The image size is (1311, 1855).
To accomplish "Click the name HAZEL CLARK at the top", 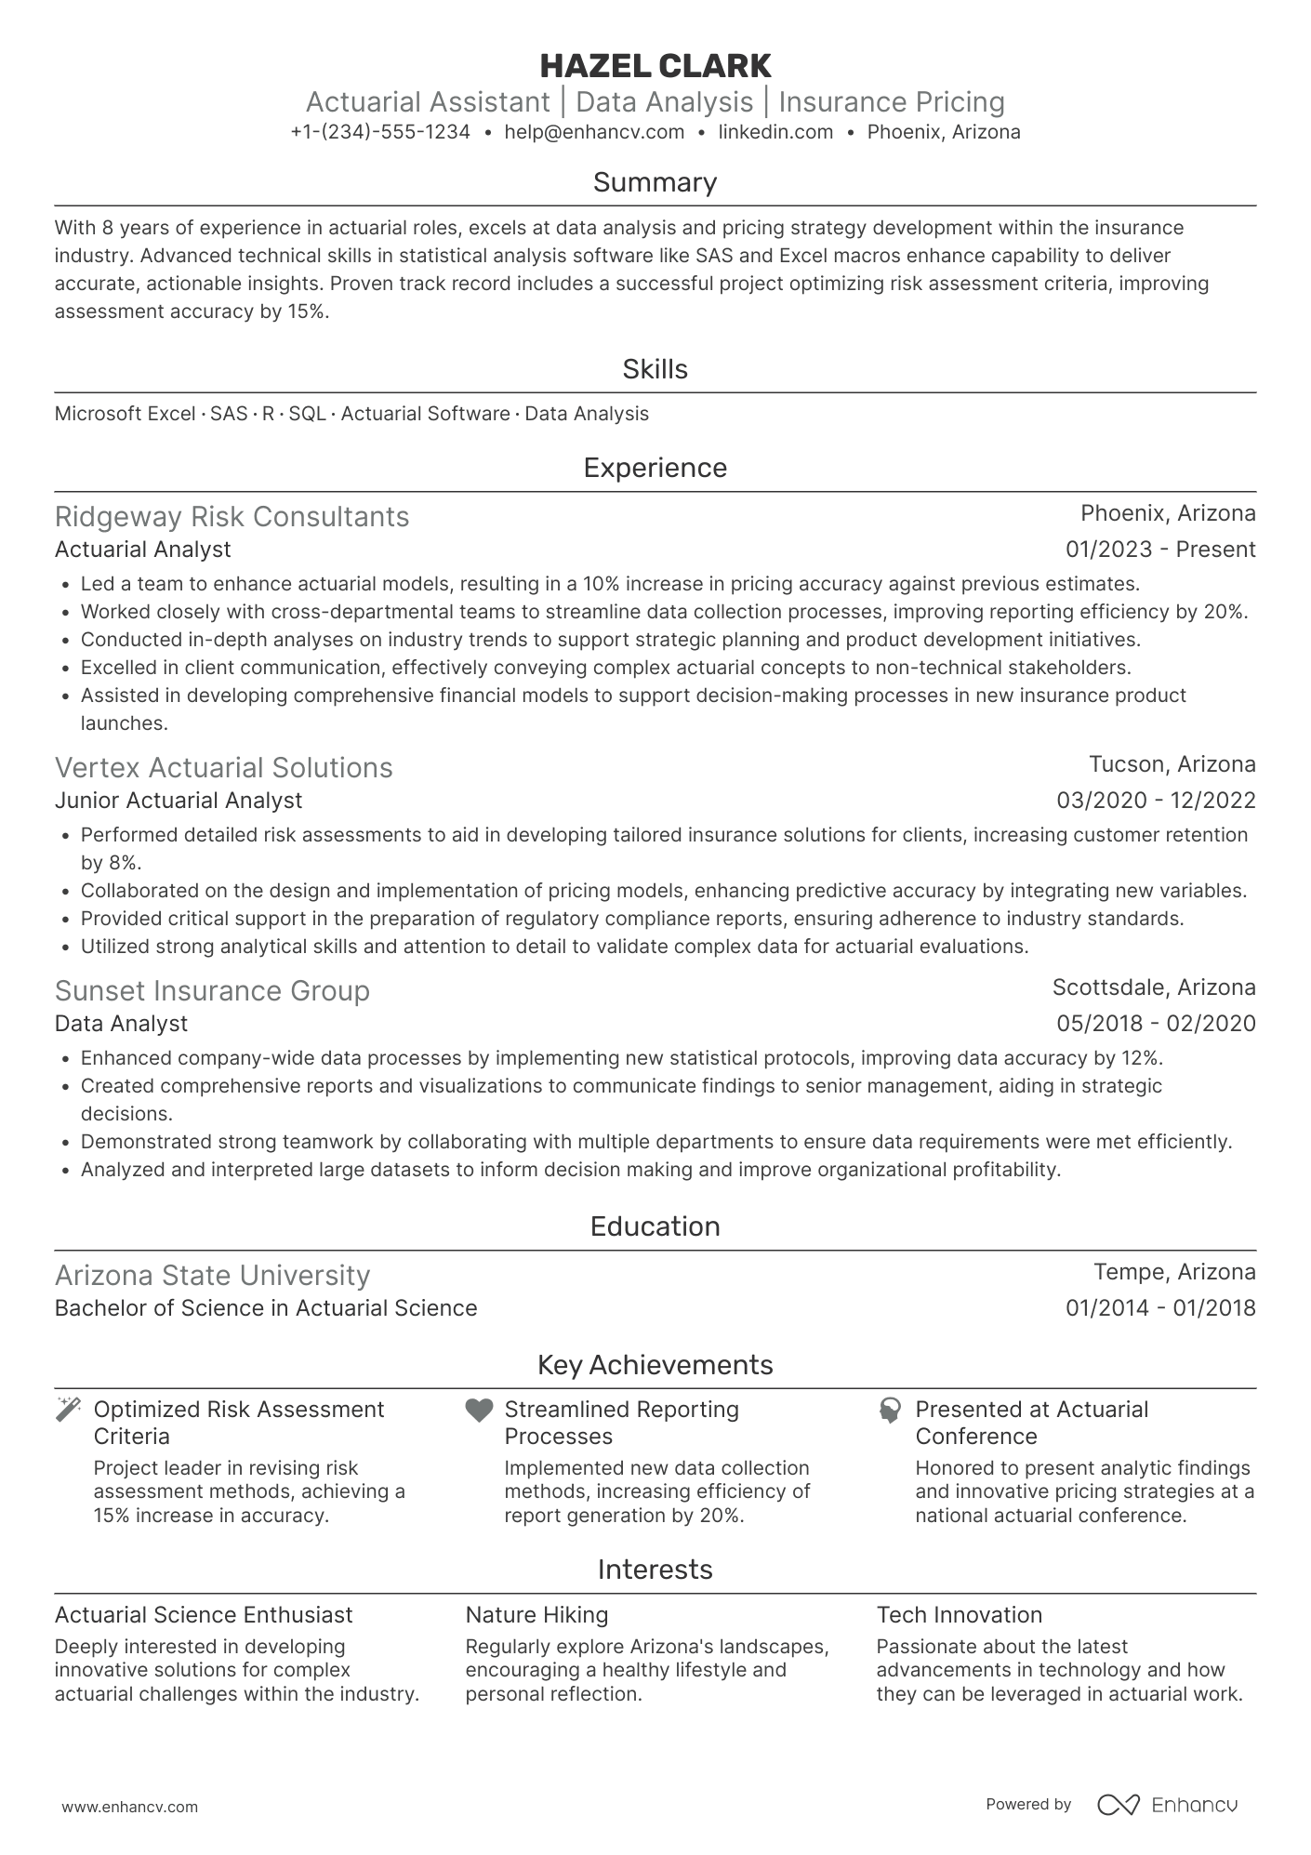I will click(x=655, y=66).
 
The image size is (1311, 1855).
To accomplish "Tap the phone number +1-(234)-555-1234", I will click(x=380, y=132).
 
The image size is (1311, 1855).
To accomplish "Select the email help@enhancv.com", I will click(x=594, y=132).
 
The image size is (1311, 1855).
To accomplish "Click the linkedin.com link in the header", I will click(x=775, y=132).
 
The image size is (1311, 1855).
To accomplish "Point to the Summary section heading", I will click(x=655, y=182).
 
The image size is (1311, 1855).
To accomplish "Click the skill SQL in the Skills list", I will click(x=307, y=414).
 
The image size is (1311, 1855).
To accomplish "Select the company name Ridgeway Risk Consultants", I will click(x=232, y=517).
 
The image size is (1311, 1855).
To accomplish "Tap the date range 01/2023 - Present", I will click(x=1159, y=550).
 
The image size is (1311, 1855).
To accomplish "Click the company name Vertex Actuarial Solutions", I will click(x=223, y=768).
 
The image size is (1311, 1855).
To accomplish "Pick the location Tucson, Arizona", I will click(x=1172, y=764).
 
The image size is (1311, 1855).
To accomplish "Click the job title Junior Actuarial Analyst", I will click(x=179, y=801).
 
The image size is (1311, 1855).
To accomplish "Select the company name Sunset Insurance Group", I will click(x=212, y=991).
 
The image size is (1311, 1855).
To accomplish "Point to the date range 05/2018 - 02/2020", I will click(x=1156, y=1024).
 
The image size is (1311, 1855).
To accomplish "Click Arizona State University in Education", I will click(x=212, y=1276).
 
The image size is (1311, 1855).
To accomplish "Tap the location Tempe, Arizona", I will click(x=1173, y=1272).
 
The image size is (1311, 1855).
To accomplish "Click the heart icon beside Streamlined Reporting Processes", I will click(x=479, y=1411).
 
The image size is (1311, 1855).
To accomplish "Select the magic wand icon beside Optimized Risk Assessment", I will click(x=68, y=1410).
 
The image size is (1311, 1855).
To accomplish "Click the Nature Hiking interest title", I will click(x=536, y=1615).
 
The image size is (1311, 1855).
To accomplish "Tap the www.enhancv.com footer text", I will click(x=129, y=1808).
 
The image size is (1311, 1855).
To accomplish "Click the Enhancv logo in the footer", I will click(x=1168, y=1805).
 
